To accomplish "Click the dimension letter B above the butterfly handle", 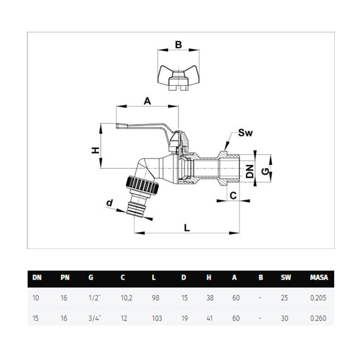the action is coord(178,44).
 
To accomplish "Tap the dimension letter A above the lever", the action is coord(147,101).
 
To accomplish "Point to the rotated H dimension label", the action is coord(95,150).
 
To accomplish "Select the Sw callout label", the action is coord(245,133).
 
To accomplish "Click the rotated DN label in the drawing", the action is coord(250,171).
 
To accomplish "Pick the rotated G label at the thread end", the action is coord(265,171).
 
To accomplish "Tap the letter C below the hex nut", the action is coord(233,196).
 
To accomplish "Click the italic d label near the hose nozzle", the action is coord(110,203).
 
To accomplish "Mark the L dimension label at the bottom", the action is coord(187,228).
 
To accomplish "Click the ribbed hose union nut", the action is coord(142,184).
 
